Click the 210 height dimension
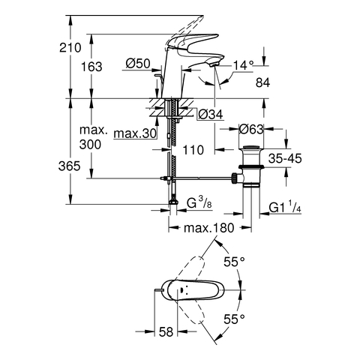point(70,47)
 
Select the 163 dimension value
point(91,67)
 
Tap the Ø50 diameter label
point(138,64)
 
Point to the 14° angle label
point(244,65)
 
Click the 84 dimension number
point(262,82)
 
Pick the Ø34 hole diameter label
point(210,115)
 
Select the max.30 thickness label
point(135,133)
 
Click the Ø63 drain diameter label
point(251,129)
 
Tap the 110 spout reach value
point(193,150)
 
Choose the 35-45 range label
point(285,158)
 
